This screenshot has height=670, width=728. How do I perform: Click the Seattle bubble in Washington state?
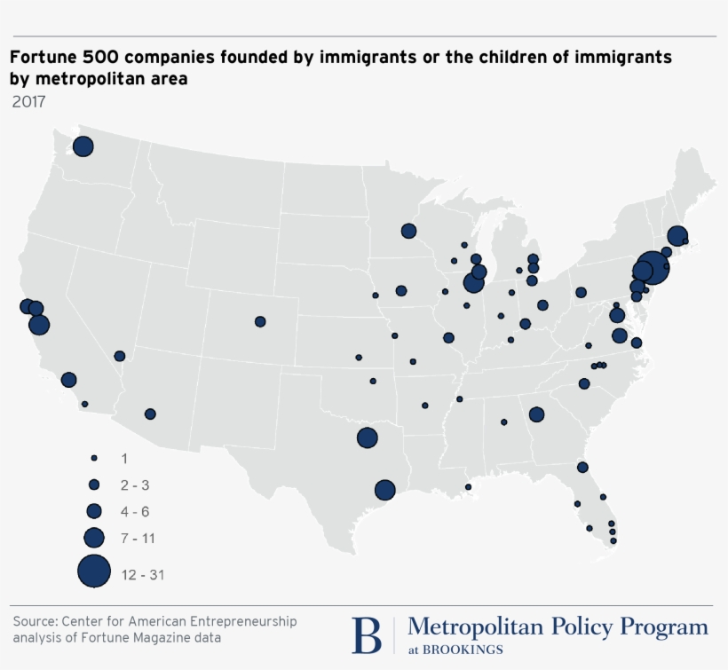pyautogui.click(x=83, y=146)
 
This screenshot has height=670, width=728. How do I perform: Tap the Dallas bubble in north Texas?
pyautogui.click(x=367, y=437)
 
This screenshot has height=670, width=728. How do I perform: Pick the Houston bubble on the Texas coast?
pyautogui.click(x=384, y=490)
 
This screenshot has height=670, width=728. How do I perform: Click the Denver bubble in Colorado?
pyautogui.click(x=260, y=321)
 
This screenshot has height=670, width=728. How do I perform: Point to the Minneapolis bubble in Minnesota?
pyautogui.click(x=408, y=231)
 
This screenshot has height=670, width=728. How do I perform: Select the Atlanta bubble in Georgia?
pyautogui.click(x=536, y=414)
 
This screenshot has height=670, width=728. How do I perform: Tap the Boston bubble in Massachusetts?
pyautogui.click(x=677, y=236)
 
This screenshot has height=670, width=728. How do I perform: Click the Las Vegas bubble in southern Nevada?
pyautogui.click(x=120, y=356)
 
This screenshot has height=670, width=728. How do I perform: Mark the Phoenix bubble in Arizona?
pyautogui.click(x=150, y=414)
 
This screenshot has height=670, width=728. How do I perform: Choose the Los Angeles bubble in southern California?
pyautogui.click(x=68, y=380)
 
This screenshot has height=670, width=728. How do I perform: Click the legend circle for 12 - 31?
pyautogui.click(x=94, y=571)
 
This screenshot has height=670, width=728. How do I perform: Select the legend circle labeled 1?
pyautogui.click(x=93, y=458)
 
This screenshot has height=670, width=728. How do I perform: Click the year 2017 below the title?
pyautogui.click(x=28, y=101)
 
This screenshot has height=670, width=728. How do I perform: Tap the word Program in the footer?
pyautogui.click(x=664, y=627)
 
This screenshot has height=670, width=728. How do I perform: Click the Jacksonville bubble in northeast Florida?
pyautogui.click(x=582, y=467)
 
